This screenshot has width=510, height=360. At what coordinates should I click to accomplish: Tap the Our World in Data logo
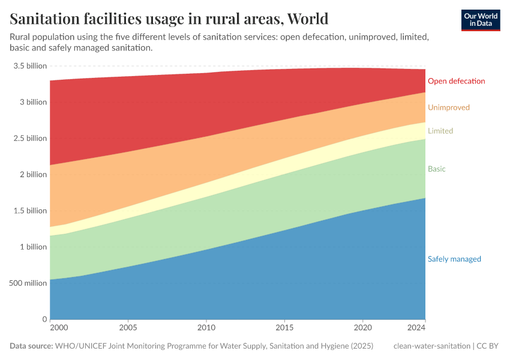(481, 20)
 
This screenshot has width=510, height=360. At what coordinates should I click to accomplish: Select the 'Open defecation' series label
(456, 81)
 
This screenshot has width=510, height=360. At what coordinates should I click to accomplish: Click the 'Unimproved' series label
(448, 107)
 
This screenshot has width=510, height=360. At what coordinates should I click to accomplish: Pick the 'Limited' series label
(440, 131)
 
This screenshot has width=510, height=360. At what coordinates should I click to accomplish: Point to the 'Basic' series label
(436, 169)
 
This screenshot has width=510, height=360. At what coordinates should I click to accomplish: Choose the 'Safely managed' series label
(454, 259)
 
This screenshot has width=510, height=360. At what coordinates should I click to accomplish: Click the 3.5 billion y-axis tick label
(29, 66)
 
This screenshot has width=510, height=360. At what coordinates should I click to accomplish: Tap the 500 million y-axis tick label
(28, 283)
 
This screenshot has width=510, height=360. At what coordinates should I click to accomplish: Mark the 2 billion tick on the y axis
(33, 175)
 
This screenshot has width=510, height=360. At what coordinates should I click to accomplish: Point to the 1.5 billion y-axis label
(29, 211)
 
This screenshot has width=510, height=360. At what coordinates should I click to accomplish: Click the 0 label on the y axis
(44, 319)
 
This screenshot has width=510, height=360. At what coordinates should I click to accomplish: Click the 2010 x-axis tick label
(206, 329)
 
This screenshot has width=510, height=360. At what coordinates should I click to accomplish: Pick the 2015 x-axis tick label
(284, 329)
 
